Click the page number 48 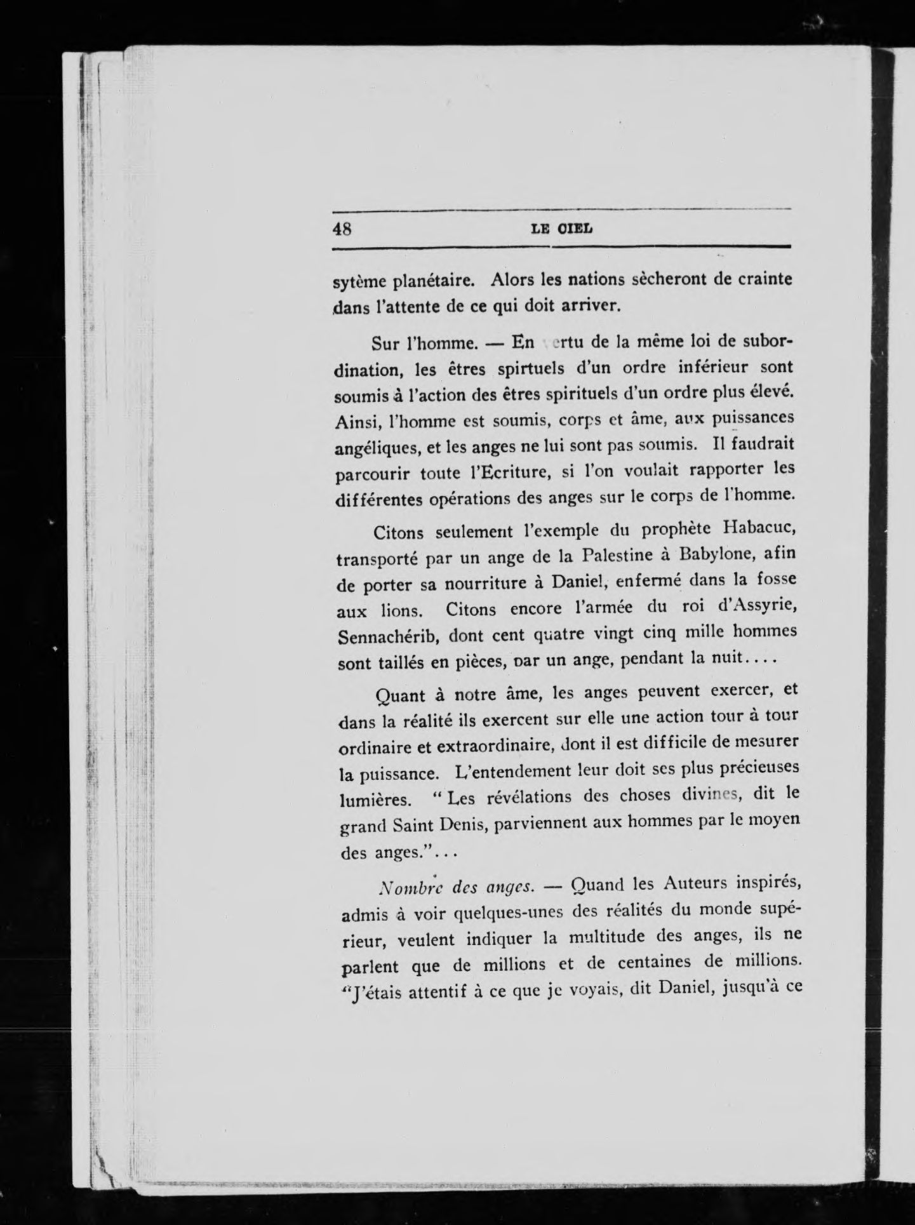342,229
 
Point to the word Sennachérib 388,634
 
